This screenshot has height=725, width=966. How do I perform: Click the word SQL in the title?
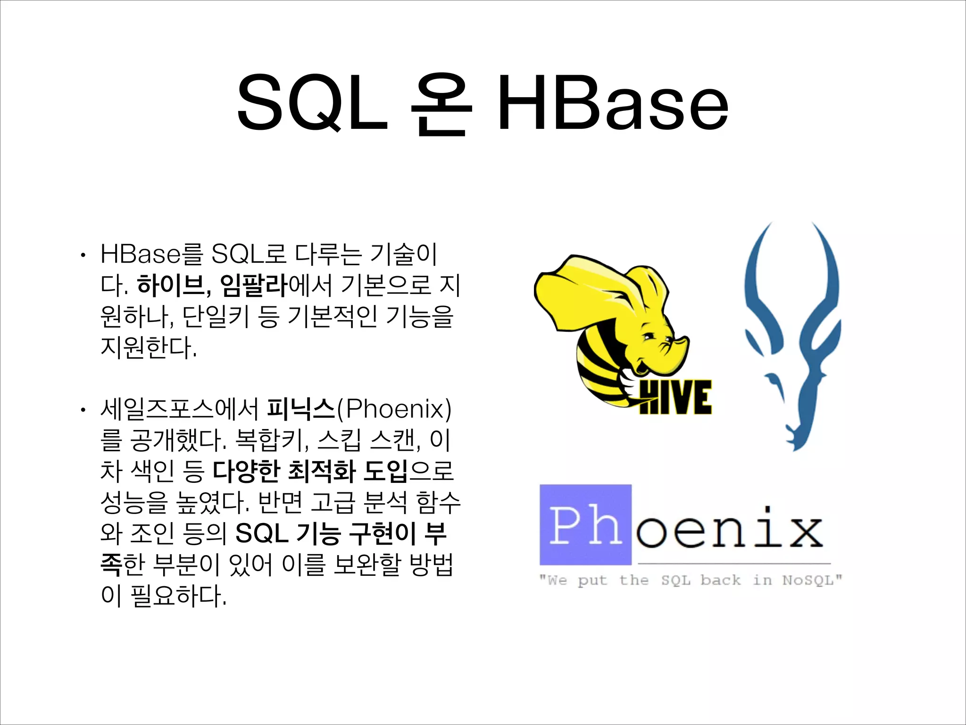(312, 102)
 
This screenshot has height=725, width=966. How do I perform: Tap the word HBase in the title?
(613, 102)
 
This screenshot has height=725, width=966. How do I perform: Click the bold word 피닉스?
(300, 409)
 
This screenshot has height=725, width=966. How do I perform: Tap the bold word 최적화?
(321, 471)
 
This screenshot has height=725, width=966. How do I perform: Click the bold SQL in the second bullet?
(262, 533)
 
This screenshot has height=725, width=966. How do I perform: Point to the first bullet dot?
(83, 255)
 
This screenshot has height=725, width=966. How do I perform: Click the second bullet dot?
(83, 410)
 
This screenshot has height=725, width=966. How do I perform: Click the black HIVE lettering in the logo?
(675, 397)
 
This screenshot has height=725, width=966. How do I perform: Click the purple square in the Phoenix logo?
(585, 524)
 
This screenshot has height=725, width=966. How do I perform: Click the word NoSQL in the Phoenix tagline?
(812, 580)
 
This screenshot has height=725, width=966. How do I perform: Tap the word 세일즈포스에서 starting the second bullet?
(179, 409)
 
